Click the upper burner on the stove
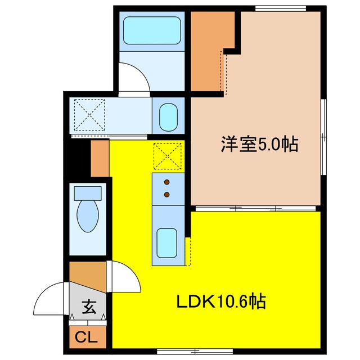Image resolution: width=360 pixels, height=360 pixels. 167,182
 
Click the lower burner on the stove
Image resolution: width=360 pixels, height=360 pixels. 167,195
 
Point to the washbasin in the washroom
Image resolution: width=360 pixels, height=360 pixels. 169,116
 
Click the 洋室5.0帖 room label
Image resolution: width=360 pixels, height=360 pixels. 258,145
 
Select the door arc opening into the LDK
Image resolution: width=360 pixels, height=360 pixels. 125,278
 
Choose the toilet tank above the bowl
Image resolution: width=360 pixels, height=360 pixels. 88,193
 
